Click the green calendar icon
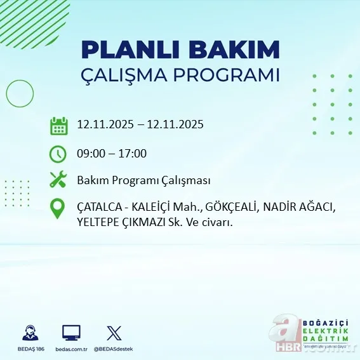pos(58,125)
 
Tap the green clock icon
pos(58,154)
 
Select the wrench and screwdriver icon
pos(58,180)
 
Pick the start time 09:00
pos(91,154)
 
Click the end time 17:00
pos(133,154)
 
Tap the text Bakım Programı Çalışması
pos(143,181)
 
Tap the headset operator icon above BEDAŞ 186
pos(29,332)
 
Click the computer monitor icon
pos(71,332)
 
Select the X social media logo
pos(114,332)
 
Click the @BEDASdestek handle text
pos(114,349)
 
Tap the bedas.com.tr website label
pos(71,349)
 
